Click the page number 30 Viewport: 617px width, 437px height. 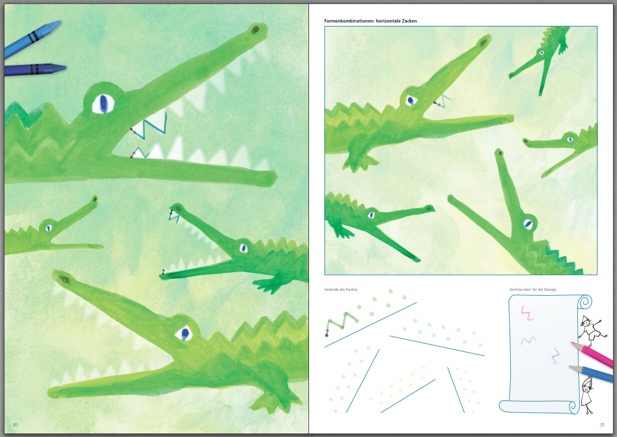pos(15,424)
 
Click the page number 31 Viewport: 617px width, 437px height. pos(602,424)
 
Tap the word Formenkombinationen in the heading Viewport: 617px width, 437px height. pos(349,21)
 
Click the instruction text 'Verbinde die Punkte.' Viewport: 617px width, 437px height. pos(341,290)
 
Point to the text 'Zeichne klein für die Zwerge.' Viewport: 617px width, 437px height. pos(533,290)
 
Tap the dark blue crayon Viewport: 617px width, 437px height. pos(35,70)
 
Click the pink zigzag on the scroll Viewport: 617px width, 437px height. pos(527,313)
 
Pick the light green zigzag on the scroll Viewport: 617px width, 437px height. pos(528,341)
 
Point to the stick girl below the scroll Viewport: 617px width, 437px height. pos(587,395)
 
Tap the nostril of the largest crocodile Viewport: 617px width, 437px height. pos(256,29)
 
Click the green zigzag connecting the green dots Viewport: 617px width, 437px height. pos(341,323)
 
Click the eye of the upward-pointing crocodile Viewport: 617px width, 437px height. pos(528,225)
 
